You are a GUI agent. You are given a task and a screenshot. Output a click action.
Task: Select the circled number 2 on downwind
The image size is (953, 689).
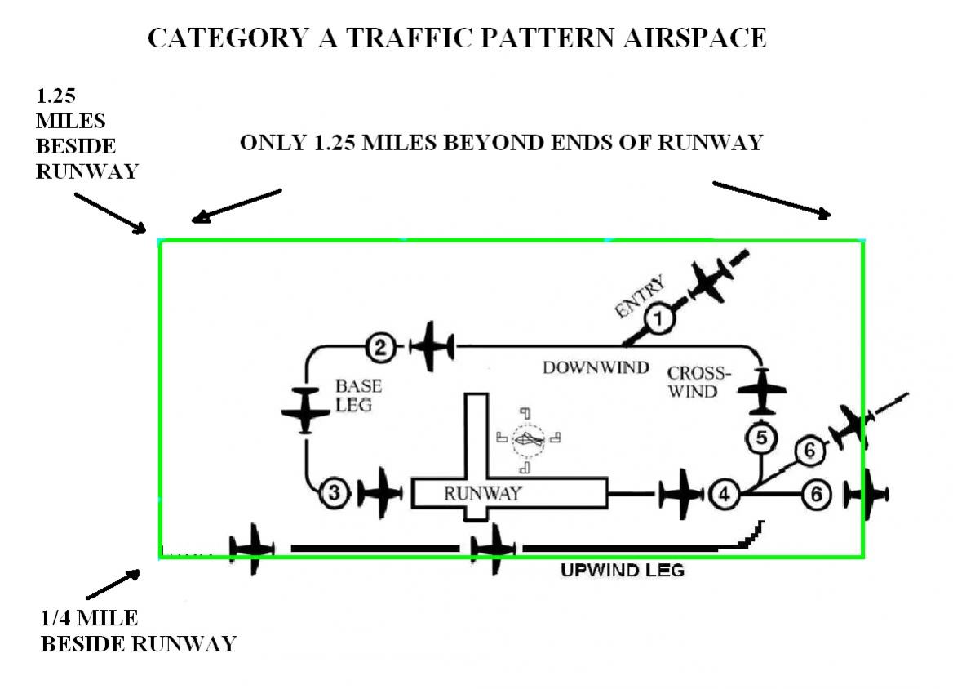[380, 348]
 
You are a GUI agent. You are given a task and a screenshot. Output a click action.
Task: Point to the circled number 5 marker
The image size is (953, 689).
[760, 438]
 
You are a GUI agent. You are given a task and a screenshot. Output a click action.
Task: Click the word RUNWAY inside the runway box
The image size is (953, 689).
[482, 493]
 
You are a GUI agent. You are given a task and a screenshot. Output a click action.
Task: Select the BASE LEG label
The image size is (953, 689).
[358, 394]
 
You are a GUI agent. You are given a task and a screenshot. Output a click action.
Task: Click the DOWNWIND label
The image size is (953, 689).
[596, 367]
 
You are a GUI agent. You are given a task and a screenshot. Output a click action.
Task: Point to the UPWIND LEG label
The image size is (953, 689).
[622, 570]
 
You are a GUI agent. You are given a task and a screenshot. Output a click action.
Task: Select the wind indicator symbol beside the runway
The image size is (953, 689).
[528, 440]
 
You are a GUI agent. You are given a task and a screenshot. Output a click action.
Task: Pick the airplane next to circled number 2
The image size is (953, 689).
[432, 346]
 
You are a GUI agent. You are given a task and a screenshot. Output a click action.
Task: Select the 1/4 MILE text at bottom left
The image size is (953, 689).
[89, 618]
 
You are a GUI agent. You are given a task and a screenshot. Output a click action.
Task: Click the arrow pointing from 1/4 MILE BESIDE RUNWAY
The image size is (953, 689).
[112, 585]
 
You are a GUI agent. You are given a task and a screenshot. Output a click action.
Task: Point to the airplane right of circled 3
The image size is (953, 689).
[380, 493]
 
